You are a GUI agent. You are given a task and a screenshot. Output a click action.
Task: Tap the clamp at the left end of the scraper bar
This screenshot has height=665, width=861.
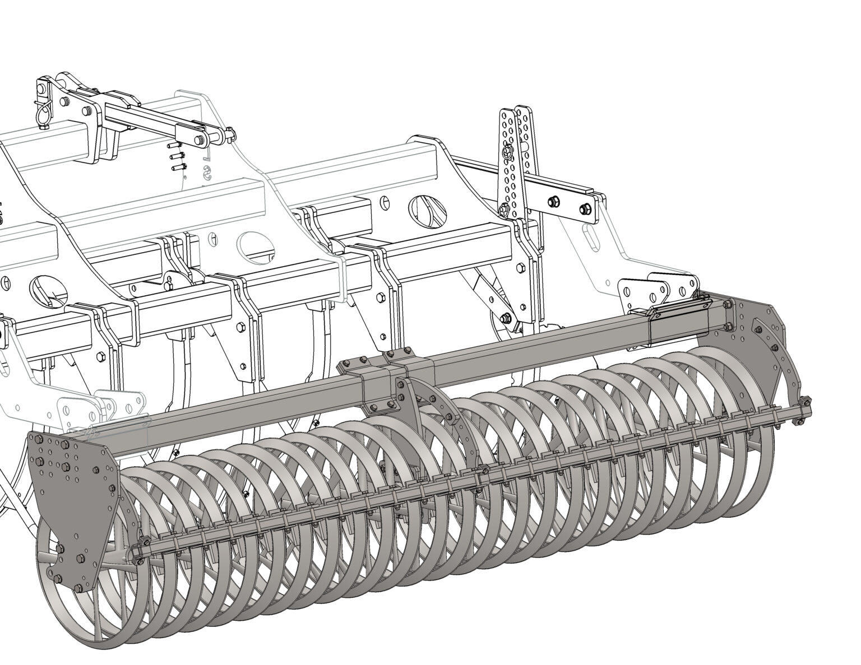(140, 546)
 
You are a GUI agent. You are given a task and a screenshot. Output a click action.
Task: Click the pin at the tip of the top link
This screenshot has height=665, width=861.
(230, 134)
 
